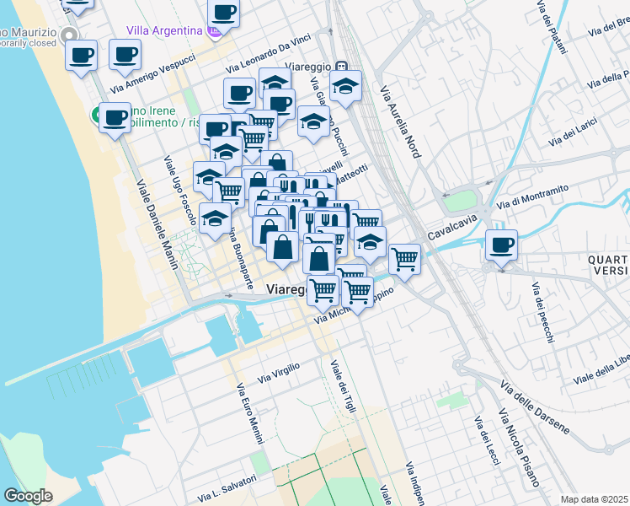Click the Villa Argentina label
(164, 30)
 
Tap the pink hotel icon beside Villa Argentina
(215, 31)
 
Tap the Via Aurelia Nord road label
(399, 122)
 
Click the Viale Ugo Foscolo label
(179, 186)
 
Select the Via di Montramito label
(533, 196)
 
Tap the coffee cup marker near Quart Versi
(501, 245)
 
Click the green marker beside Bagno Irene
(97, 115)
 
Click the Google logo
(28, 496)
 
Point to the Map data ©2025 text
(594, 499)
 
